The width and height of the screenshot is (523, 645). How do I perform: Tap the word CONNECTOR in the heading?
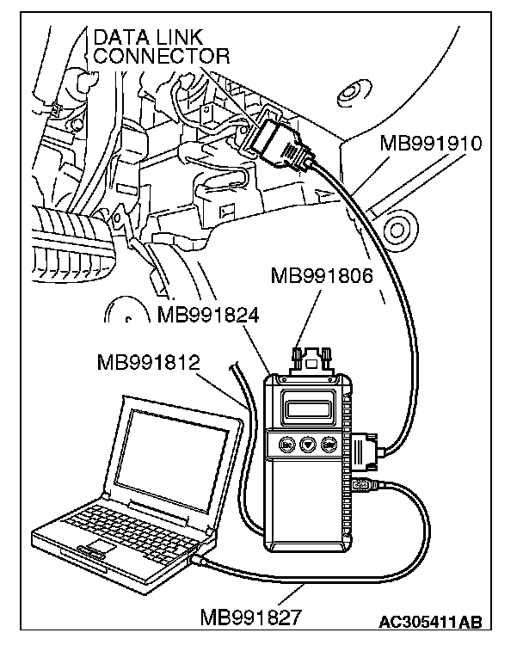click(162, 57)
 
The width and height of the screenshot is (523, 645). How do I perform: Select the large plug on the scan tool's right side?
click(365, 452)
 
